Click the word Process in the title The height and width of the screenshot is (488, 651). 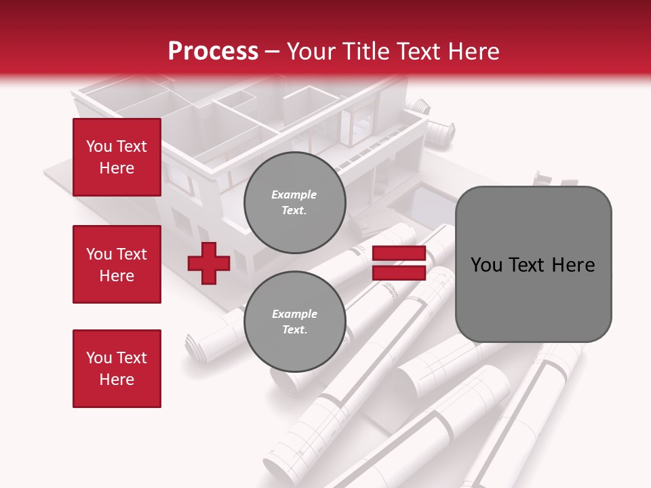(213, 52)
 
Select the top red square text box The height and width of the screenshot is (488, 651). (117, 157)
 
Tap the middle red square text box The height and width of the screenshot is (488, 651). (117, 264)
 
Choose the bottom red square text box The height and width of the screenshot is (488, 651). (117, 368)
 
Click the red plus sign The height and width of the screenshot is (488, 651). (208, 263)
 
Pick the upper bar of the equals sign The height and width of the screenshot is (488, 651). (399, 253)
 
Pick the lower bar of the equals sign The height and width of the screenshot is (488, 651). (399, 273)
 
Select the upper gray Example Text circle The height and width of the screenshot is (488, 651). (294, 203)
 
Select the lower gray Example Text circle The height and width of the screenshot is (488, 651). (294, 322)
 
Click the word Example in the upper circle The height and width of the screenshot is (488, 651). (294, 195)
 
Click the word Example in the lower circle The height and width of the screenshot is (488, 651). (294, 314)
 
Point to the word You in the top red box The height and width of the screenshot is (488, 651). (99, 146)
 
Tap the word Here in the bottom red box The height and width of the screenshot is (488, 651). (117, 380)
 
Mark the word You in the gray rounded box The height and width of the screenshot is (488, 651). (486, 265)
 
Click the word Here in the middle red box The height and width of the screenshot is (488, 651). (117, 276)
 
